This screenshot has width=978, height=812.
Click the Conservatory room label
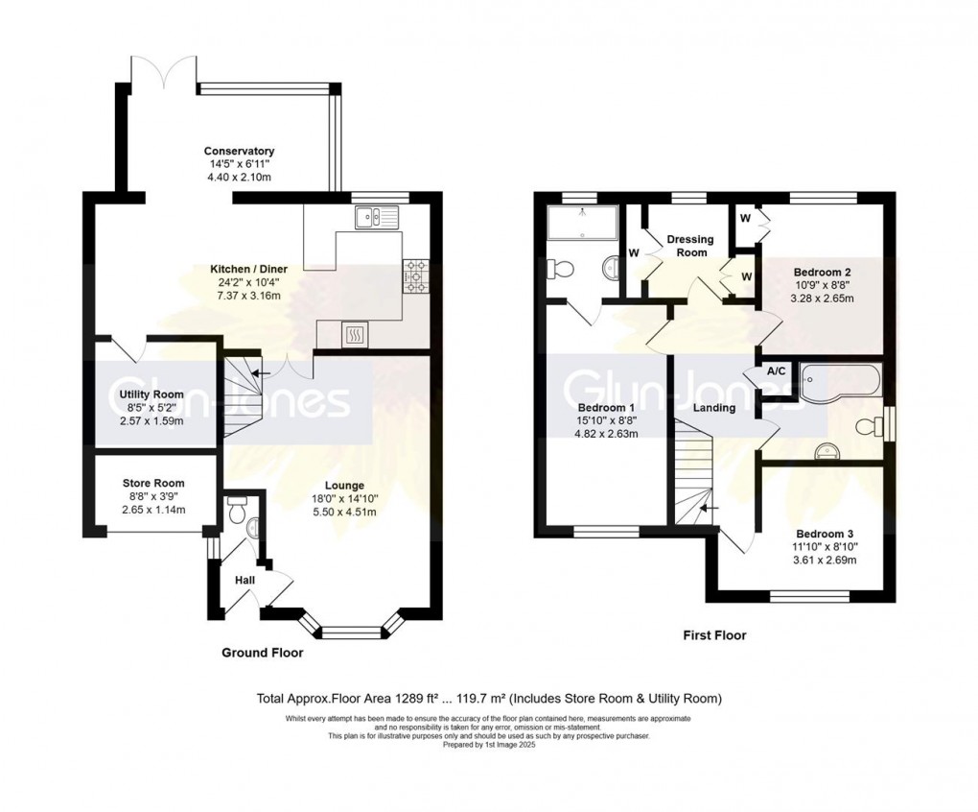point(239,151)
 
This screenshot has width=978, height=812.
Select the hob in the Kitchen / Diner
point(417,275)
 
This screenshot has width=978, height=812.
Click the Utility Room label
point(151,394)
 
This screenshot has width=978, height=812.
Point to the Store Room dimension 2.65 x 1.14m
point(152,510)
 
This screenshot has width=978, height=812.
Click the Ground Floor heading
point(262,653)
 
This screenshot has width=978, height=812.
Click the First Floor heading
point(714,634)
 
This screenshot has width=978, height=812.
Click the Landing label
point(714,408)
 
